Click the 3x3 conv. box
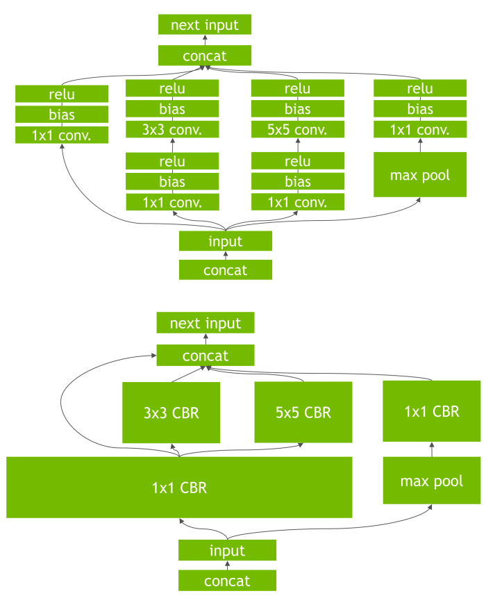(172, 129)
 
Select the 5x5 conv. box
(298, 129)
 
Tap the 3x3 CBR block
(171, 413)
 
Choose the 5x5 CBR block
(303, 413)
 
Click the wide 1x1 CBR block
(179, 488)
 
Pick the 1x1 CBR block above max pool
(432, 411)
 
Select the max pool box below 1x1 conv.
(420, 174)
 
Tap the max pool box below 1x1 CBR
(432, 481)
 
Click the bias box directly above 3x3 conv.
(172, 108)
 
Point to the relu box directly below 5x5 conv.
(298, 161)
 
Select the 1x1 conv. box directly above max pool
(420, 129)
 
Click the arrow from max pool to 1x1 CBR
(432, 449)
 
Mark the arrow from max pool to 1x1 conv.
(421, 145)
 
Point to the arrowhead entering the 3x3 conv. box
(172, 140)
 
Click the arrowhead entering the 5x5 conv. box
(298, 140)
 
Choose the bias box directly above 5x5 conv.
(298, 108)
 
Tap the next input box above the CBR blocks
(206, 323)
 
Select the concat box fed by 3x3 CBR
(206, 356)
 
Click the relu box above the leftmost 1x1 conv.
(62, 94)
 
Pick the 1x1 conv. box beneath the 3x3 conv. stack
(172, 202)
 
